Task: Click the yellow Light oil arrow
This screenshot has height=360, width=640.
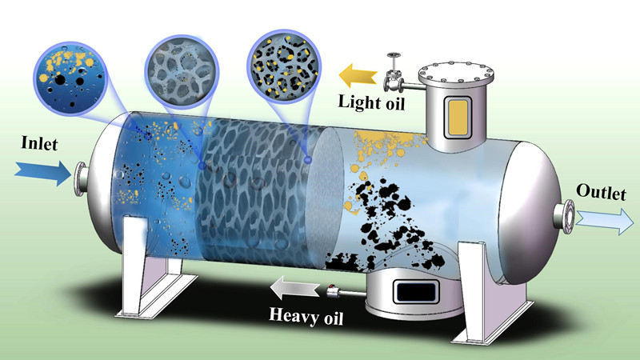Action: (357, 78)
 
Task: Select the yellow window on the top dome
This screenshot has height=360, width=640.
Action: (454, 116)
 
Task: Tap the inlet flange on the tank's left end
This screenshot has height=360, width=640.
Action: (81, 180)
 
